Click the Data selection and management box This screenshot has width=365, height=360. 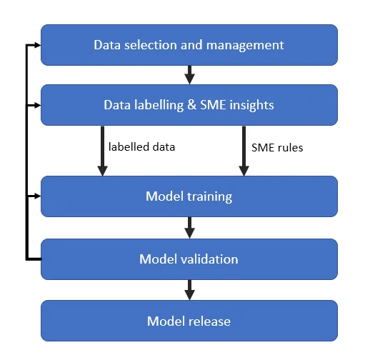(189, 45)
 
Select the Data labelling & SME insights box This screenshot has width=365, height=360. (189, 105)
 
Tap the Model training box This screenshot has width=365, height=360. (189, 196)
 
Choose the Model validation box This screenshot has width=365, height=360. (189, 259)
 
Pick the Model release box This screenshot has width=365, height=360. (189, 321)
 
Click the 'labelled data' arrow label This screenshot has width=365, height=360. (141, 147)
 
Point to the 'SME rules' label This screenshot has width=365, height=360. (277, 148)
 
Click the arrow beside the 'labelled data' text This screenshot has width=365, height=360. (102, 151)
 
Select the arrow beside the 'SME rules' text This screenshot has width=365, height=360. (244, 151)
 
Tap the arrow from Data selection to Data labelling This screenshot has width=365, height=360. (189, 75)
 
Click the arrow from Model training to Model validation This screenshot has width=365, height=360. (189, 228)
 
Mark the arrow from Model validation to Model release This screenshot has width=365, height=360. (189, 290)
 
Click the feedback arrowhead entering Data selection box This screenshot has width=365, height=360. (38, 45)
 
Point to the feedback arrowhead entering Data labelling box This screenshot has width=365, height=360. (38, 105)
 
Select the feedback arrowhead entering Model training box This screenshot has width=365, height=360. (38, 196)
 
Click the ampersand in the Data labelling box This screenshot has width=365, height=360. (192, 105)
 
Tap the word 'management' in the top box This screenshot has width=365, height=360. (245, 46)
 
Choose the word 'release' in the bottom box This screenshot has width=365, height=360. (209, 321)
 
